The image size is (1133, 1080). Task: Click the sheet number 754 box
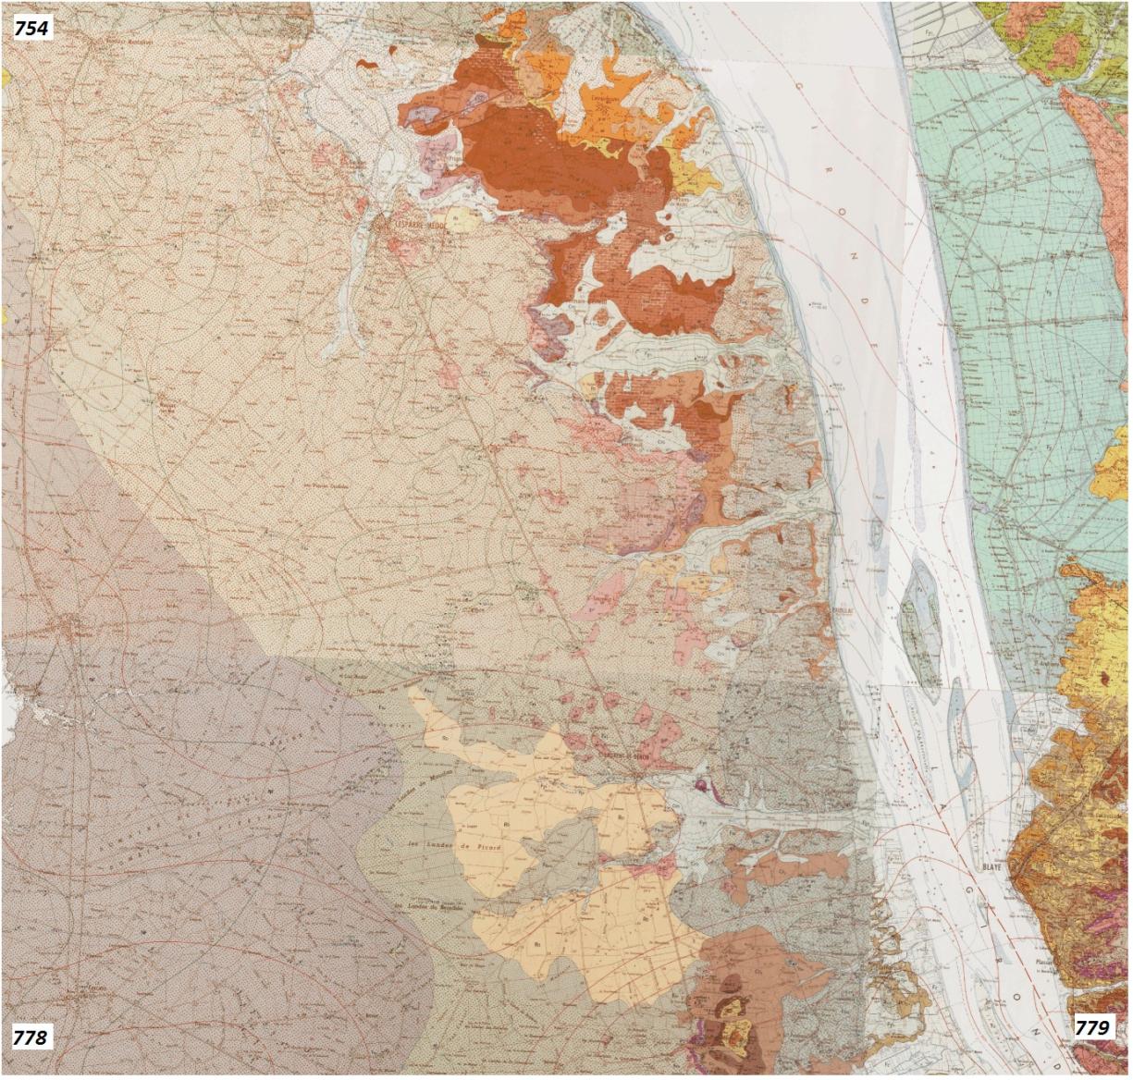point(31,28)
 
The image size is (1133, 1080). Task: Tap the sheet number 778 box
point(31,1037)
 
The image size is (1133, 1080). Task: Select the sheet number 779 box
point(1091,1027)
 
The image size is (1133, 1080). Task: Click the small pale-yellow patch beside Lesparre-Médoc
point(465,219)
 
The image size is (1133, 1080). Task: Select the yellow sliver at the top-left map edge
point(5,77)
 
